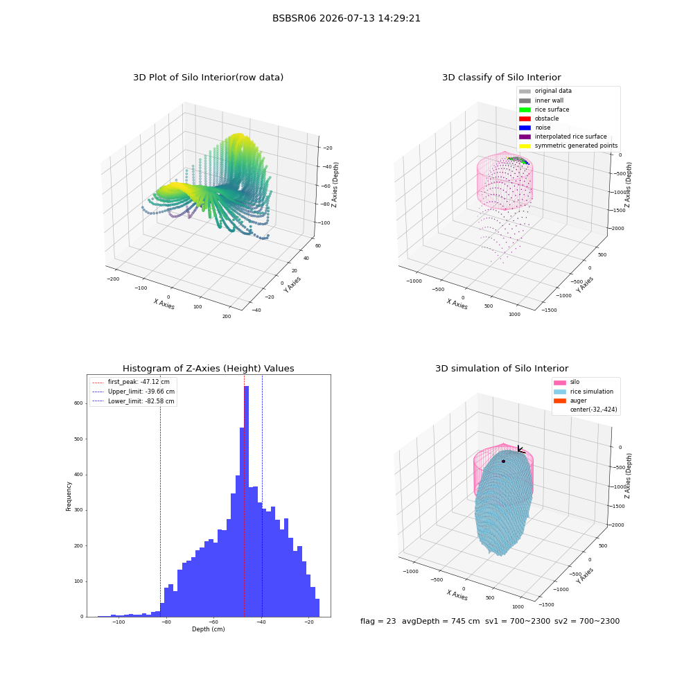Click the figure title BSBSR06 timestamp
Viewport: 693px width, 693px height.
(346, 18)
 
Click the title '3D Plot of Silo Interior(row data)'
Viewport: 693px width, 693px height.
(208, 78)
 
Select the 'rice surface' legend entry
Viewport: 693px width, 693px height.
(544, 109)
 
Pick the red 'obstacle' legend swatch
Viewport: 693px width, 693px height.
(525, 119)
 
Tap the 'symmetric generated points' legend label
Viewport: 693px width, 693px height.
(576, 146)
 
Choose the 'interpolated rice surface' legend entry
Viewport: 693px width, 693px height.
(563, 137)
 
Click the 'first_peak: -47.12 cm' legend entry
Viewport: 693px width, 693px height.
(131, 382)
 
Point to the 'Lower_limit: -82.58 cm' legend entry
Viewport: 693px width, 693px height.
(133, 401)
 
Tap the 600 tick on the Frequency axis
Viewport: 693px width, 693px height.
(78, 403)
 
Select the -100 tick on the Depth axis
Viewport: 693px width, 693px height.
(119, 622)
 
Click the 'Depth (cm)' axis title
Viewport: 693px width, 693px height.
(208, 629)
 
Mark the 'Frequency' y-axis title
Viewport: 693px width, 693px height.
(69, 496)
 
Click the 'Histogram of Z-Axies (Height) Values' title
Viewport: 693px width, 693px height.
(208, 368)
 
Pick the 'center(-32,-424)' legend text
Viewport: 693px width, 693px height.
(594, 410)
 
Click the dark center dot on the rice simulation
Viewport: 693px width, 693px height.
(503, 462)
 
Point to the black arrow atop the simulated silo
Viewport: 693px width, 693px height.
(522, 450)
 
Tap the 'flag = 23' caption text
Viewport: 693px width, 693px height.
(378, 621)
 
